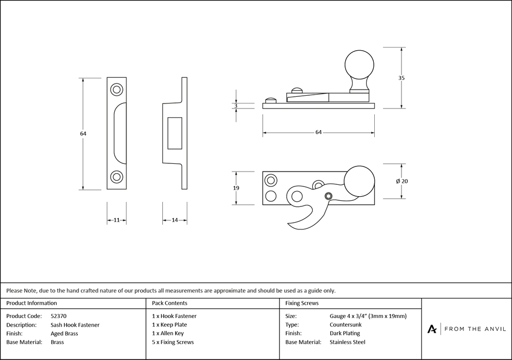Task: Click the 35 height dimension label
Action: pyautogui.click(x=401, y=78)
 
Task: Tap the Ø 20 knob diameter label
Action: pyautogui.click(x=401, y=181)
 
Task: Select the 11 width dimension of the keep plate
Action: pyautogui.click(x=117, y=220)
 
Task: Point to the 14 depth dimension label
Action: pyautogui.click(x=175, y=220)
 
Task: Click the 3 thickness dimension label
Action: pyautogui.click(x=236, y=105)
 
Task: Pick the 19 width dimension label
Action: pyautogui.click(x=236, y=188)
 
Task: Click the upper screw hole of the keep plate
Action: pyautogui.click(x=117, y=90)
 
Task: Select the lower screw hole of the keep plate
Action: pyautogui.click(x=117, y=177)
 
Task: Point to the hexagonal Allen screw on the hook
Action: pyautogui.click(x=328, y=196)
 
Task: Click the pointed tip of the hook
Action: pyautogui.click(x=288, y=224)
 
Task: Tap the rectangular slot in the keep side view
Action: pyautogui.click(x=175, y=133)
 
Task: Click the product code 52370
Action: pyautogui.click(x=58, y=316)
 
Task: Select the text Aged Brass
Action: pyautogui.click(x=65, y=333)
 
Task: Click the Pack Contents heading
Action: pyautogui.click(x=169, y=303)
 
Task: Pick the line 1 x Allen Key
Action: pyautogui.click(x=168, y=333)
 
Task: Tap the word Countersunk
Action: pyautogui.click(x=346, y=325)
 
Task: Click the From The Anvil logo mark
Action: pyautogui.click(x=432, y=329)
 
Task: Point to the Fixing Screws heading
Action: pyautogui.click(x=302, y=303)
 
